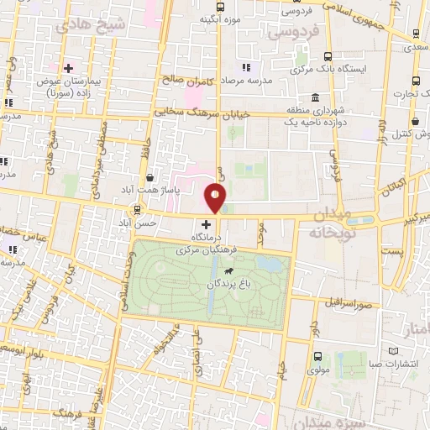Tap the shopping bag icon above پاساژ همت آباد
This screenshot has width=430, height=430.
point(149,178)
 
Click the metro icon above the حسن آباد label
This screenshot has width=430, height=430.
point(137,210)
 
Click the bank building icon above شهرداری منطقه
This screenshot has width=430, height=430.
point(314,97)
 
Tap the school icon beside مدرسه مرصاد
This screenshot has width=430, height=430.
point(245,66)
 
